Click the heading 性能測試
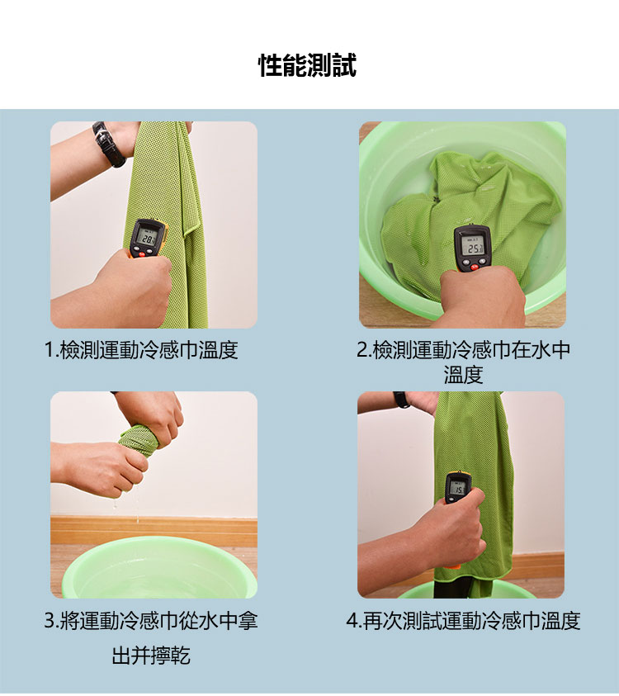tap(308, 66)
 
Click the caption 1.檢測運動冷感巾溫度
tap(142, 350)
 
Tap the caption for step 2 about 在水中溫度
tap(463, 362)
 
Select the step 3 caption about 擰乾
tap(151, 638)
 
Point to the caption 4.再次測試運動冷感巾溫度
tap(463, 621)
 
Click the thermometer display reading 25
tap(473, 247)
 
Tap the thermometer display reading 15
tap(457, 489)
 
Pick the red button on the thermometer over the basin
tap(475, 267)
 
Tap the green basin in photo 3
tap(160, 568)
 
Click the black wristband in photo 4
tap(401, 399)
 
